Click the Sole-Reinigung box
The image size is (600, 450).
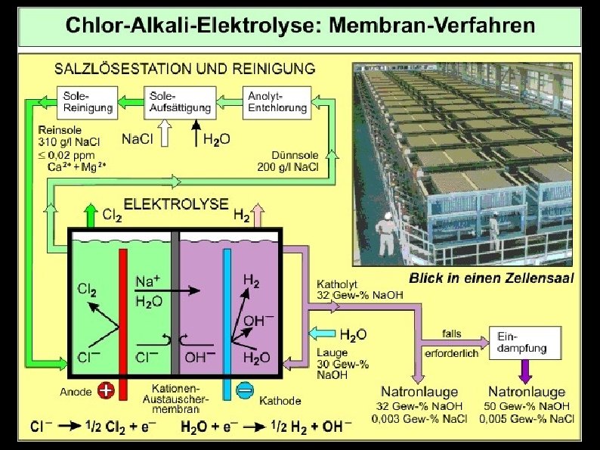[87, 101]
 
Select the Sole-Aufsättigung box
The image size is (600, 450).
[179, 101]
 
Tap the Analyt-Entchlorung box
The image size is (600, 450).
[277, 101]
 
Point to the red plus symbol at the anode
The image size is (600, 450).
[107, 390]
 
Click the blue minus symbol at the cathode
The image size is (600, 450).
[244, 390]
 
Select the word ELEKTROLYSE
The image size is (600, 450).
[176, 203]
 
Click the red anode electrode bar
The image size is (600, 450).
[123, 318]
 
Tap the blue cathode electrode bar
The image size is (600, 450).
[227, 318]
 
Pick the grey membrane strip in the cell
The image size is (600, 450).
[175, 303]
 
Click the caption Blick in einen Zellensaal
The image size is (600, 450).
[491, 278]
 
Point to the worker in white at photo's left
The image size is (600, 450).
[386, 233]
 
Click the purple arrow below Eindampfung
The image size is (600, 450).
[526, 371]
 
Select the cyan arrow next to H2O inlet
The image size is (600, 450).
[323, 334]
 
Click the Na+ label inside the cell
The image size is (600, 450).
[147, 281]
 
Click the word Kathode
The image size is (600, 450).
[280, 400]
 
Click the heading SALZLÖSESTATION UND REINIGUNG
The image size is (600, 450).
[185, 69]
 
